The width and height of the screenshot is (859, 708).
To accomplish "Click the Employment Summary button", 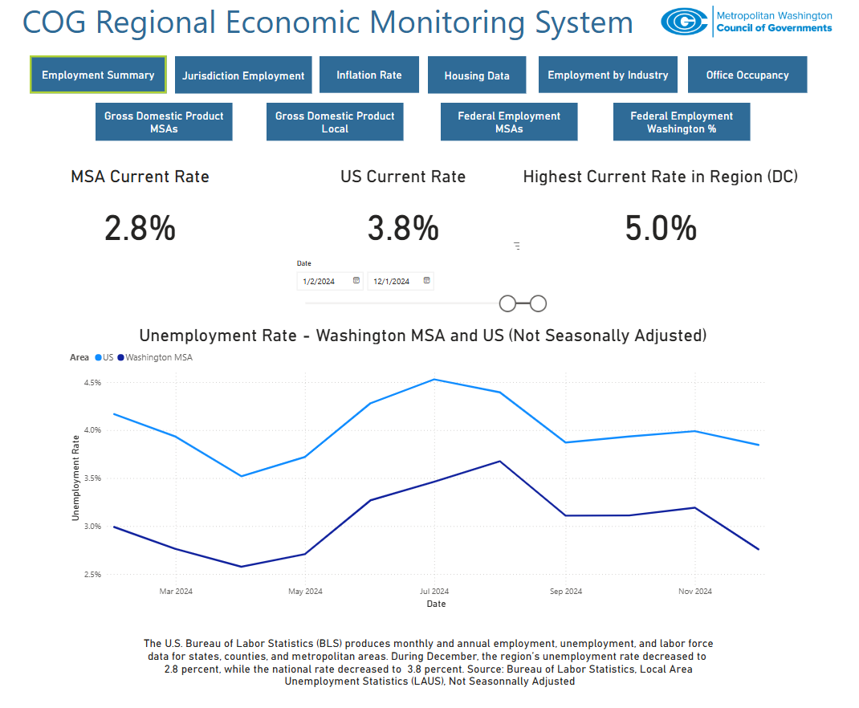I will point(98,75).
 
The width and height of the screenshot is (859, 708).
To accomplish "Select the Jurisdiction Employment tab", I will point(243,75).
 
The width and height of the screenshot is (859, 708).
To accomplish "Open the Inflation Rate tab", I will point(368,75).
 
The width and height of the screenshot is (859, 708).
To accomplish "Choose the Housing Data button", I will point(477,75).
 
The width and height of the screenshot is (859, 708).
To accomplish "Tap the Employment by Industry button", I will point(608,75).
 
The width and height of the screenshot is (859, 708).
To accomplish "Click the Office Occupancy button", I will point(747,75).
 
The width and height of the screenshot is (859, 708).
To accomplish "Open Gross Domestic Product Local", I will point(335,122).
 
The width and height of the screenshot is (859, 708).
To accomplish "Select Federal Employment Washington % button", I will point(681,122).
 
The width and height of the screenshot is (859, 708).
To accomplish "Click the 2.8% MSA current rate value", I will point(140,230).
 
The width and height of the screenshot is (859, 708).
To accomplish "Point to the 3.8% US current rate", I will point(403,230).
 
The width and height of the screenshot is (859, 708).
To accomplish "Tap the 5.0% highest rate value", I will point(661,230).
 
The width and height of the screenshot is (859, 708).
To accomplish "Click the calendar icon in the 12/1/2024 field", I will point(426,280).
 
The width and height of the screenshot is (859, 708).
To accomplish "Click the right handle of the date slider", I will point(538,303).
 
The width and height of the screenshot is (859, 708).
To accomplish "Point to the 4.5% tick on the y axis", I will point(91,383).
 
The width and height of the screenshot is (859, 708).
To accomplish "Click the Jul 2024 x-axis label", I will point(434,592).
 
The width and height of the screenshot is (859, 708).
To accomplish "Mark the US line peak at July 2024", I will point(434,379).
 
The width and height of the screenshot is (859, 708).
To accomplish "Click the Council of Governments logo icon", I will point(683,22).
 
